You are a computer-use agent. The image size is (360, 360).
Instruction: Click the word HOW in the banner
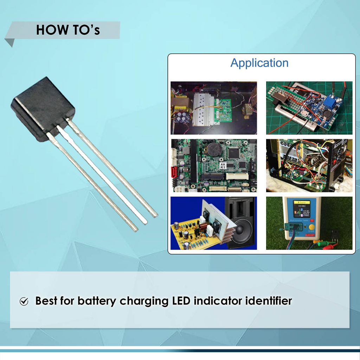point(48,30)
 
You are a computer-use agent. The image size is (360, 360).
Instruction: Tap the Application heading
point(259,63)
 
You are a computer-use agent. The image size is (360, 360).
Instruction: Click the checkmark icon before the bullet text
point(24,301)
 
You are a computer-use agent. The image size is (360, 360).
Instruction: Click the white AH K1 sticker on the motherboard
point(223,165)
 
